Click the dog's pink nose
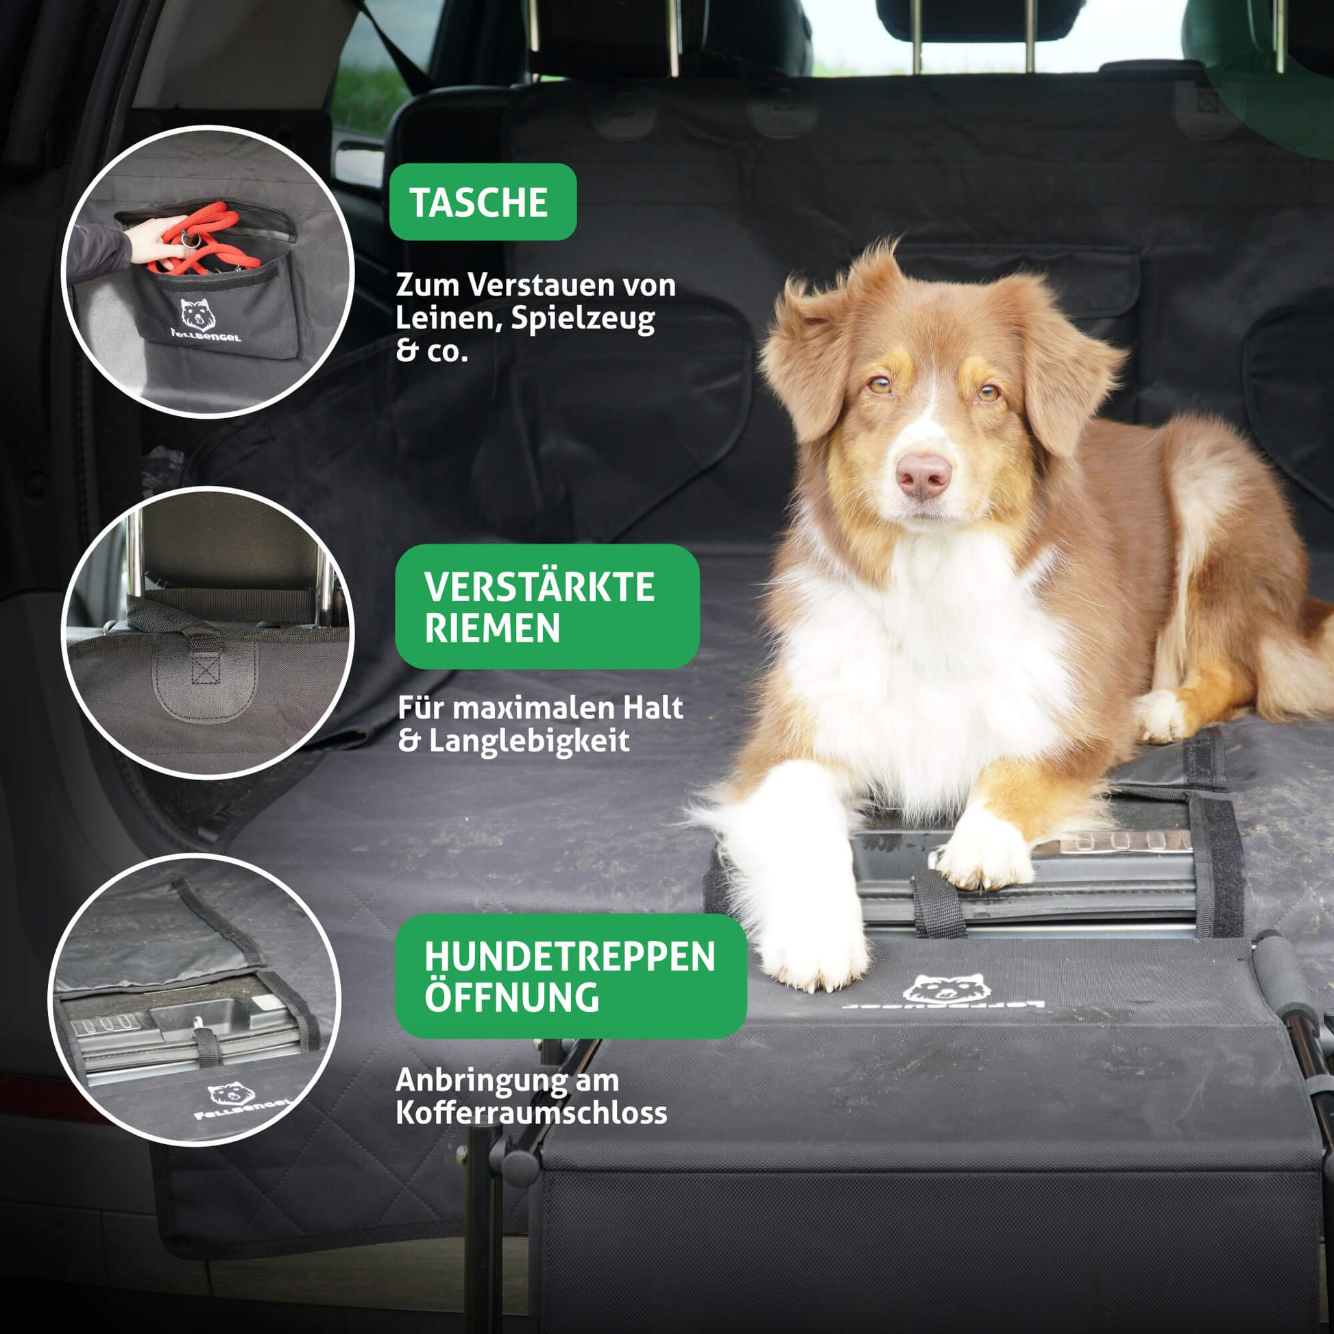923,475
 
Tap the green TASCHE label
483,202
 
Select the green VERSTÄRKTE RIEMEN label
547,606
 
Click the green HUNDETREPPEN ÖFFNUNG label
570,975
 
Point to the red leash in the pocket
207,239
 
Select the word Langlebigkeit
529,742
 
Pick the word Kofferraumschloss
532,1113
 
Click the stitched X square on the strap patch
205,668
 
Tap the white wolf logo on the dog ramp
946,989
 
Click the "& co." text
432,352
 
